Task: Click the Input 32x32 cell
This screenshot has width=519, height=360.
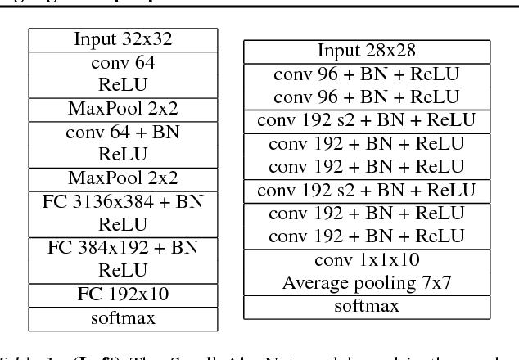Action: coord(123,38)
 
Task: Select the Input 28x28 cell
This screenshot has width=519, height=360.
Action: coord(366,51)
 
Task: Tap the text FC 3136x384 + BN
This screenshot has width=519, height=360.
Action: coord(123,201)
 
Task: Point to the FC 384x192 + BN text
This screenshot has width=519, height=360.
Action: coord(123,247)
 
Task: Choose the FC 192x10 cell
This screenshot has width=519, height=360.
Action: coord(123,294)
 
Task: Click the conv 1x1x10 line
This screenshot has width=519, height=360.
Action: coord(366,260)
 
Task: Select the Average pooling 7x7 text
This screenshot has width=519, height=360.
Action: coord(366,283)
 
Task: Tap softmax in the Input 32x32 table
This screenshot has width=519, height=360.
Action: coord(123,317)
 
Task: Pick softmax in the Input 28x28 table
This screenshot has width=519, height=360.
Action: coord(366,307)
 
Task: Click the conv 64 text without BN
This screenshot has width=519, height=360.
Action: coord(123,61)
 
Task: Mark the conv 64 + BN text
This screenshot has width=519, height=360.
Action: coord(123,131)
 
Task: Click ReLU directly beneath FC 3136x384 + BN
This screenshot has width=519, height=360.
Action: coord(123,223)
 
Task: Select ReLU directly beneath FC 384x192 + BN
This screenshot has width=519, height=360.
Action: coord(123,269)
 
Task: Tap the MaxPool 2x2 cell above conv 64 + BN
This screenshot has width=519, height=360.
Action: coord(123,108)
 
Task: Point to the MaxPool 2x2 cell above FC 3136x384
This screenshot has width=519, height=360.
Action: coord(123,178)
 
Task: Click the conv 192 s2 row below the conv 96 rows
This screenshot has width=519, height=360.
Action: coord(366,121)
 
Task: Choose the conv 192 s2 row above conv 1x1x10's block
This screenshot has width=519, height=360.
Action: coord(366,191)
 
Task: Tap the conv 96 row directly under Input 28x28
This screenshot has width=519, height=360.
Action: coord(366,74)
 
